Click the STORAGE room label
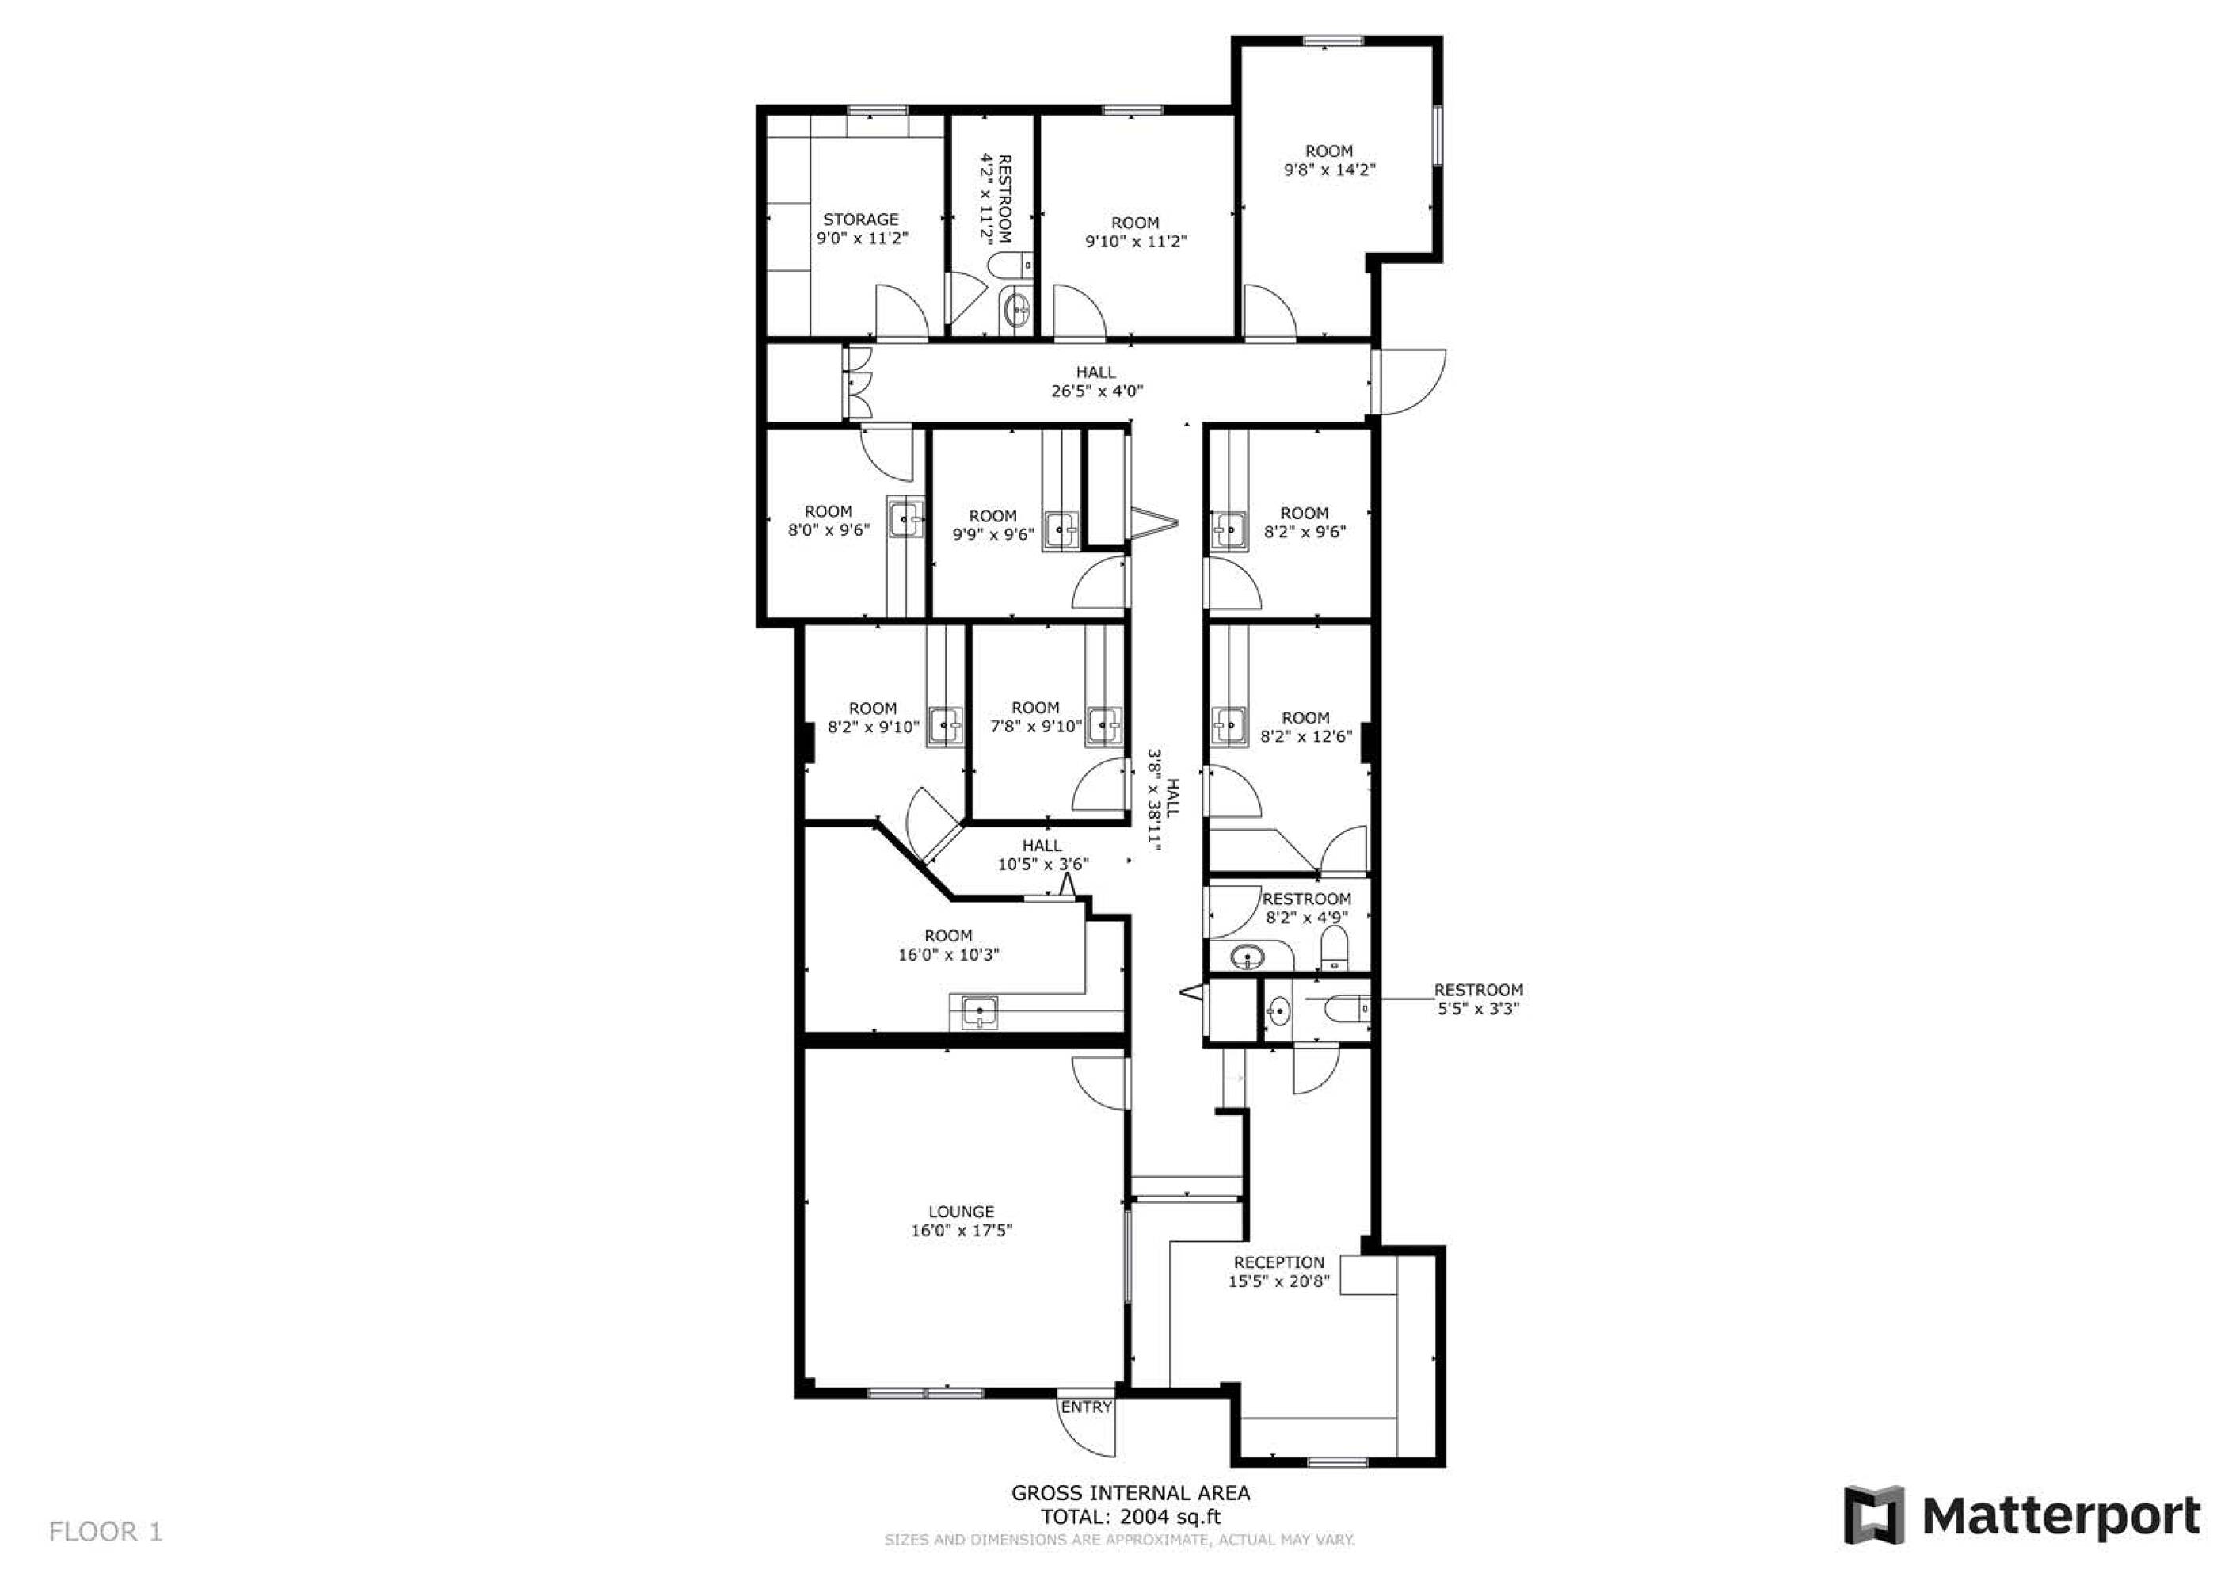(860, 220)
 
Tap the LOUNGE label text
(961, 1213)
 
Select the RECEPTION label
(1279, 1263)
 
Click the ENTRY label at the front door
(1086, 1407)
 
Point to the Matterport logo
(2021, 1516)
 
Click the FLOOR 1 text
(105, 1532)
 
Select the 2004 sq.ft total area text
(1170, 1517)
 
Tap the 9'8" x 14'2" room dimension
(1329, 170)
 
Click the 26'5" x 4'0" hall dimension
(1096, 391)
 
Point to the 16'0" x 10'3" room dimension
(948, 954)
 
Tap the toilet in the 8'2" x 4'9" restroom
(1334, 948)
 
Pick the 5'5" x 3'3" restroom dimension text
(1479, 1008)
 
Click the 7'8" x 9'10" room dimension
(1036, 727)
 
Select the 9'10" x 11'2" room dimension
(1136, 241)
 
